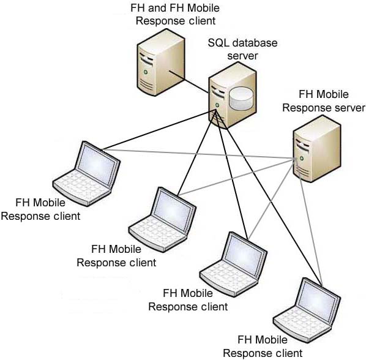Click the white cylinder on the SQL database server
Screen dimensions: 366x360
point(241,99)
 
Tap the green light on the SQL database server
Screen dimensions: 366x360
point(217,105)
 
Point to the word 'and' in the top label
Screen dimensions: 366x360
point(158,8)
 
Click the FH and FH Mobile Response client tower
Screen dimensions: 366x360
point(161,62)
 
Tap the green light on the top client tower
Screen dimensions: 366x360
point(146,72)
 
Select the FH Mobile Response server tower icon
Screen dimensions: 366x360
point(317,149)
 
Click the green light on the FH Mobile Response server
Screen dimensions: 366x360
point(302,159)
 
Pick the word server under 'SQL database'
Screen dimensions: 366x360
point(242,56)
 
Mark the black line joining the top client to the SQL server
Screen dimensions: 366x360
point(189,81)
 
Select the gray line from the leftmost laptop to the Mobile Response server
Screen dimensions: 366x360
point(198,154)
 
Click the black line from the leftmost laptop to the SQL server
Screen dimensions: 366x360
point(158,130)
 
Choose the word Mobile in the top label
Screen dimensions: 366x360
point(203,8)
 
